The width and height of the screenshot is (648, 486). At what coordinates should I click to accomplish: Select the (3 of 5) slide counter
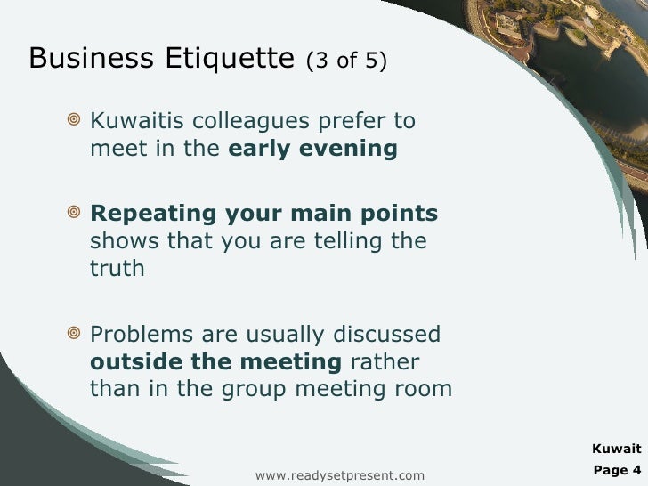point(345,61)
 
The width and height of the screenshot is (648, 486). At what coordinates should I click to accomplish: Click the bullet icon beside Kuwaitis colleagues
point(74,120)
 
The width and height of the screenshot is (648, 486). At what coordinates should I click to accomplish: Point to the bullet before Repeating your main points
point(74,214)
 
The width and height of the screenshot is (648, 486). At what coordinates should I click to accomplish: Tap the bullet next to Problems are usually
point(74,335)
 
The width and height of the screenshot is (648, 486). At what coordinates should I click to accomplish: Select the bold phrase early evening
point(312,149)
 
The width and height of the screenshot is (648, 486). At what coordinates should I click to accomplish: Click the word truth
point(117,269)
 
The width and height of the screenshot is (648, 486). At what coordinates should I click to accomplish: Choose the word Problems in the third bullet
point(142,335)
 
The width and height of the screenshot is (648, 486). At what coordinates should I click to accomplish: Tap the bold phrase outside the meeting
point(216,362)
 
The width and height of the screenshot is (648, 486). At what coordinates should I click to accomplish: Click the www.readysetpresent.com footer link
point(340,476)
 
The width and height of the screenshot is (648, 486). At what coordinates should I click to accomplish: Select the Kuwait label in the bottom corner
point(616,449)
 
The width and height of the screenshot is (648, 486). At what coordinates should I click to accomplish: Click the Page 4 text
point(616,468)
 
